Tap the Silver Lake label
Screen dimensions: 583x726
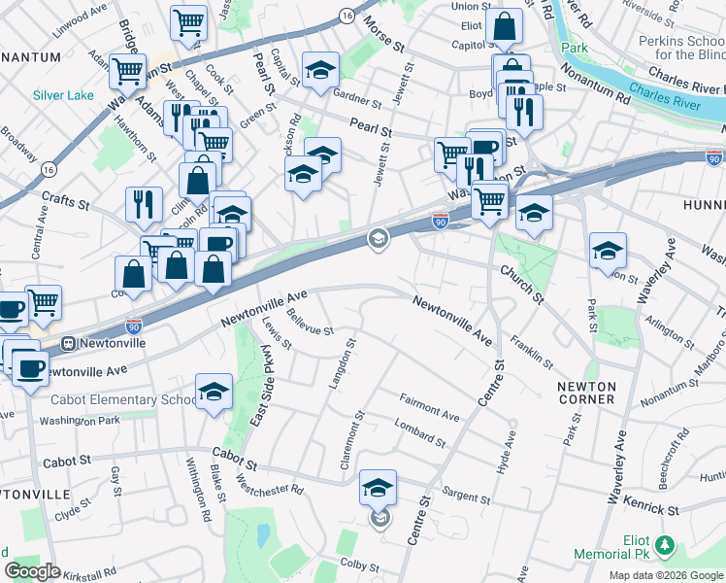[62, 95]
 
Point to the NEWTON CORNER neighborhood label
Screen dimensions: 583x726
[586, 393]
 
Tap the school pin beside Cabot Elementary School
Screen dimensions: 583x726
[214, 392]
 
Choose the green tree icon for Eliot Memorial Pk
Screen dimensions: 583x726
[664, 546]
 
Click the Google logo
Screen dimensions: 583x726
[32, 571]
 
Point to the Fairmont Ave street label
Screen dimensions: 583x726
[429, 407]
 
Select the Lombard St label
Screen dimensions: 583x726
[419, 432]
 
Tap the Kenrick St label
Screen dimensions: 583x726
[651, 508]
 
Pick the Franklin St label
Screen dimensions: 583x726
[531, 351]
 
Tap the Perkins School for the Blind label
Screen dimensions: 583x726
[679, 48]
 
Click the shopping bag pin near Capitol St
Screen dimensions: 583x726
[505, 26]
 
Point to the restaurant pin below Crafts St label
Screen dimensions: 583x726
[144, 203]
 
